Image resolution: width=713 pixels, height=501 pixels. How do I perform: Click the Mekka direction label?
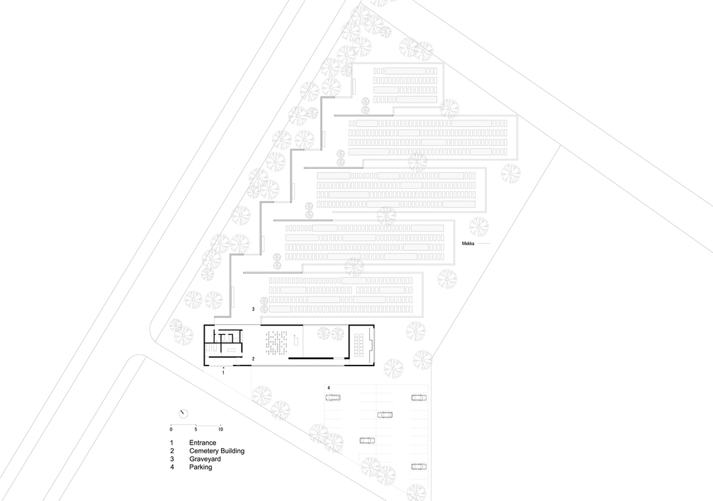pyautogui.click(x=468, y=244)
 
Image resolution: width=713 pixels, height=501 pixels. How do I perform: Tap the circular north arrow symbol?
pyautogui.click(x=183, y=414)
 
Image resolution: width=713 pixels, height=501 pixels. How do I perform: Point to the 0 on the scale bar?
pyautogui.click(x=171, y=429)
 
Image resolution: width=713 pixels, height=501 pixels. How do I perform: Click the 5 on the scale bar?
pyautogui.click(x=196, y=429)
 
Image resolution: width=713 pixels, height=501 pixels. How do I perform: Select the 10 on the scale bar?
pyautogui.click(x=220, y=429)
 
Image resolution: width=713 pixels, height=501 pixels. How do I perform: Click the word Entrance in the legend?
pyautogui.click(x=202, y=443)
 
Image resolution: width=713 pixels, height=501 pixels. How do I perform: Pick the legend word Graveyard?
pyautogui.click(x=205, y=459)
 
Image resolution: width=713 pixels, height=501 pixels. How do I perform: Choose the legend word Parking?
pyautogui.click(x=200, y=468)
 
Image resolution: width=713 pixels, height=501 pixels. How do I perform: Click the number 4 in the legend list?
pyautogui.click(x=173, y=468)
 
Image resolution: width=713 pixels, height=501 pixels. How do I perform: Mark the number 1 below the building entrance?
pyautogui.click(x=223, y=372)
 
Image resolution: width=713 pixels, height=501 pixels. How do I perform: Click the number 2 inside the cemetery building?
pyautogui.click(x=253, y=358)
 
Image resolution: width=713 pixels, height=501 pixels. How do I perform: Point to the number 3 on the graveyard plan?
pyautogui.click(x=253, y=309)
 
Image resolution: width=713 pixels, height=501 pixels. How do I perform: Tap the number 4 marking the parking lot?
pyautogui.click(x=329, y=388)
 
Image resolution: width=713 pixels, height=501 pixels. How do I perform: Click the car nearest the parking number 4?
pyautogui.click(x=333, y=398)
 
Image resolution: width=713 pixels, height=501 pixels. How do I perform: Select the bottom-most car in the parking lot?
pyautogui.click(x=419, y=467)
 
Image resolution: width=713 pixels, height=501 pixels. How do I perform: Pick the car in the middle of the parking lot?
pyautogui.click(x=385, y=415)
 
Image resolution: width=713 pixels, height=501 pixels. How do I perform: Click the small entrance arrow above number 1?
pyautogui.click(x=223, y=366)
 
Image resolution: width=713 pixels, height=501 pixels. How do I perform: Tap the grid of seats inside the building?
pyautogui.click(x=276, y=343)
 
